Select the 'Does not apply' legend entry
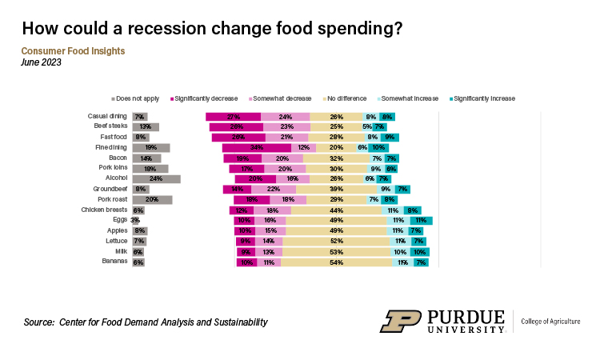click(x=138, y=98)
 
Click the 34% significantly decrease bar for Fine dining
click(x=256, y=147)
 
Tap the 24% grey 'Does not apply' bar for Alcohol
click(x=156, y=178)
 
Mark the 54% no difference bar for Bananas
click(x=337, y=262)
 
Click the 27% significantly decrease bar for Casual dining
click(x=234, y=116)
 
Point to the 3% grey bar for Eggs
click(x=134, y=220)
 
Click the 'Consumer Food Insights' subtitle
click(x=73, y=51)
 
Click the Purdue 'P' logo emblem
click(x=399, y=321)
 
